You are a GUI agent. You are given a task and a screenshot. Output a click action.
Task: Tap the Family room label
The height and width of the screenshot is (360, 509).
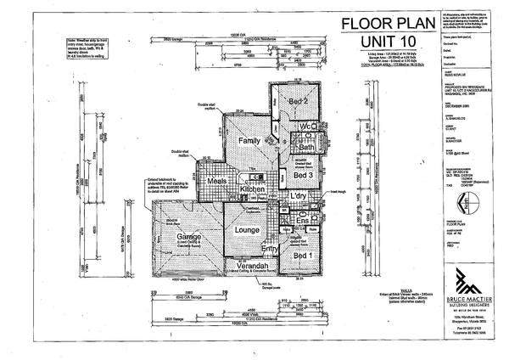click(249, 140)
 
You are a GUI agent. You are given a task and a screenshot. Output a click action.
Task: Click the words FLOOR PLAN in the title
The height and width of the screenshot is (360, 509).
click(378, 23)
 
